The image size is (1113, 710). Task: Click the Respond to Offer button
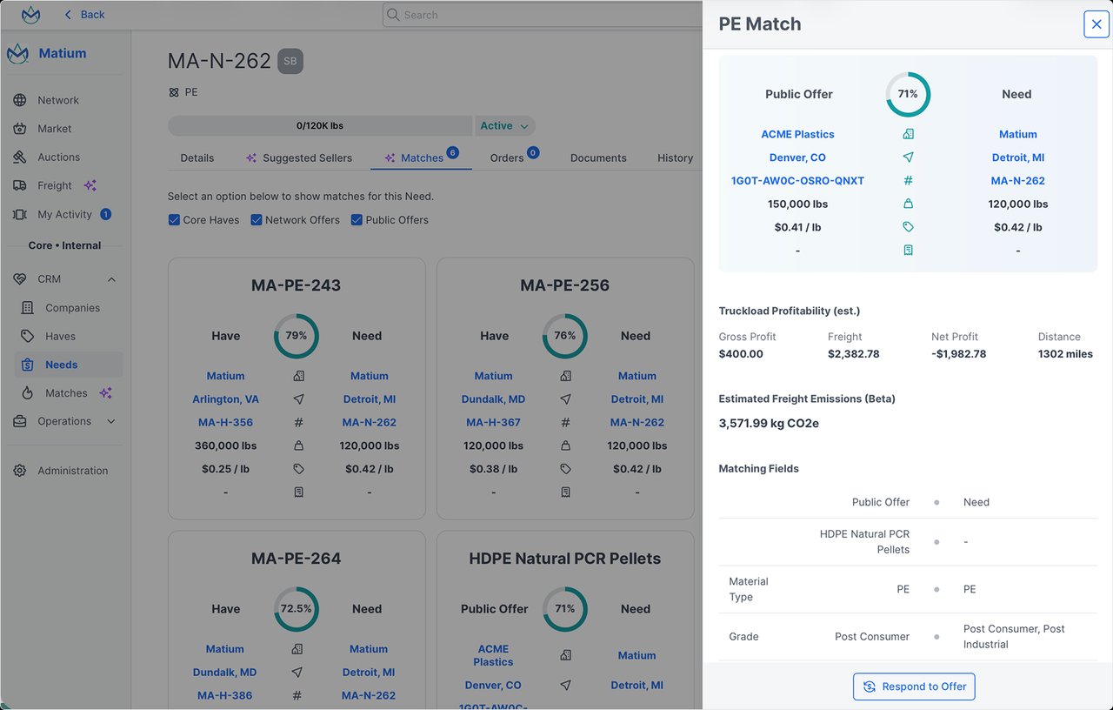(914, 687)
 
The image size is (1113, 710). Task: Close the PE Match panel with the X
(1096, 23)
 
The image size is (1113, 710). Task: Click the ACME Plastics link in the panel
(797, 134)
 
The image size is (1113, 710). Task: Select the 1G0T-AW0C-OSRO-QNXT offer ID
(797, 181)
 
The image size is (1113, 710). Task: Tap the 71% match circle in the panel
(908, 94)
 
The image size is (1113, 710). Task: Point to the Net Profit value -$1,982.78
(958, 354)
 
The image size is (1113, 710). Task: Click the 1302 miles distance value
(1065, 354)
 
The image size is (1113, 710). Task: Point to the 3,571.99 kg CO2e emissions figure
(769, 424)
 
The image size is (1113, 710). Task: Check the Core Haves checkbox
(175, 220)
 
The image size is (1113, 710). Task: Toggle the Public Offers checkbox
(357, 220)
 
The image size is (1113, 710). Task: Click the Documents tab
(598, 157)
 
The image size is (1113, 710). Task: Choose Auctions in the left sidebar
(58, 157)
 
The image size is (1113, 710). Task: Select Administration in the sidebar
(72, 471)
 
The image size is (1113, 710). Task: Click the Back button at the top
(84, 15)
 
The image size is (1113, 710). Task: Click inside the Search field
(539, 15)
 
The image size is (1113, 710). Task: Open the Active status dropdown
(504, 126)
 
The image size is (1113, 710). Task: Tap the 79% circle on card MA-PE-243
(297, 336)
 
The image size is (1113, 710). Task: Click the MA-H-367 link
(493, 422)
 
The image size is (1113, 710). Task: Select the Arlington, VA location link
(225, 399)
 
